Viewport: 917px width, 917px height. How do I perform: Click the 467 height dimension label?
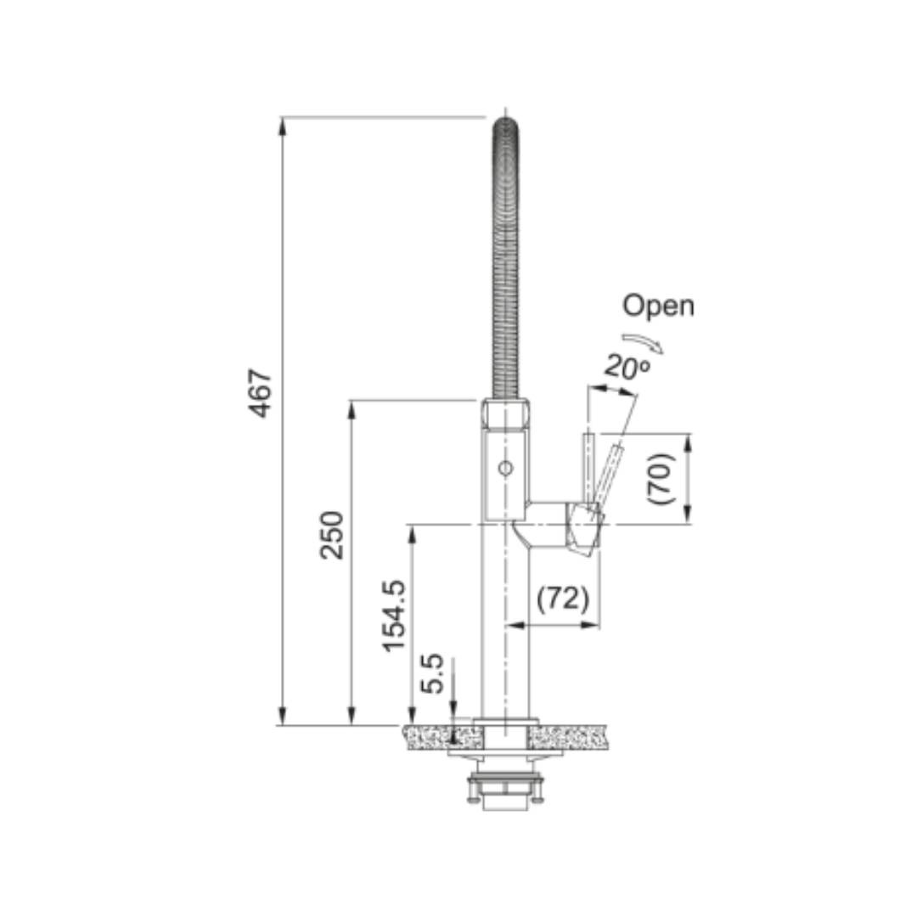[261, 393]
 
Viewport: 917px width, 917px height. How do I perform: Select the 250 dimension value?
[332, 535]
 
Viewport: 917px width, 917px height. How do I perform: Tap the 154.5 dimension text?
[394, 616]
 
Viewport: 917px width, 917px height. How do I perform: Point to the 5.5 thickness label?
[432, 673]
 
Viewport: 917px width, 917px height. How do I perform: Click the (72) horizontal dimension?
[563, 599]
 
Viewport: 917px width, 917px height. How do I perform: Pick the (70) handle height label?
[661, 479]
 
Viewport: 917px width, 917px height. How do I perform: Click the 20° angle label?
[627, 367]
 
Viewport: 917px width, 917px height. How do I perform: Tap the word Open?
[659, 306]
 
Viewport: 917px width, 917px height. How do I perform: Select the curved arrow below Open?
[644, 342]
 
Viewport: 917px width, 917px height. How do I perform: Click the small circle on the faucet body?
[505, 469]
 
